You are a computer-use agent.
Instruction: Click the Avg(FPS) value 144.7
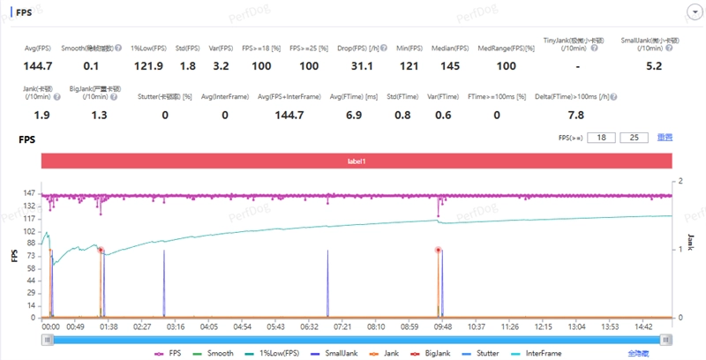click(38, 65)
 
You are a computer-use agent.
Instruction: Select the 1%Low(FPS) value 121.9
click(146, 65)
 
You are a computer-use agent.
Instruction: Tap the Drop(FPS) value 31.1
click(363, 65)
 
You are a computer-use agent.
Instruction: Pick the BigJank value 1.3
click(94, 115)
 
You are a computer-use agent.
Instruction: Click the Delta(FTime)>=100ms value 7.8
click(576, 115)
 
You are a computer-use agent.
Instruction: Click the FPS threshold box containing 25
click(633, 138)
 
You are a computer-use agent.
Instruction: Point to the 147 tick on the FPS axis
click(28, 193)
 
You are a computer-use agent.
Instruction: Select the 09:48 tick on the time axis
click(443, 326)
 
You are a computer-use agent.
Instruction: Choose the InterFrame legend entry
click(538, 353)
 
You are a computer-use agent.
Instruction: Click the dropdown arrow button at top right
click(692, 11)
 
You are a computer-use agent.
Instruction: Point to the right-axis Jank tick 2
click(681, 181)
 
